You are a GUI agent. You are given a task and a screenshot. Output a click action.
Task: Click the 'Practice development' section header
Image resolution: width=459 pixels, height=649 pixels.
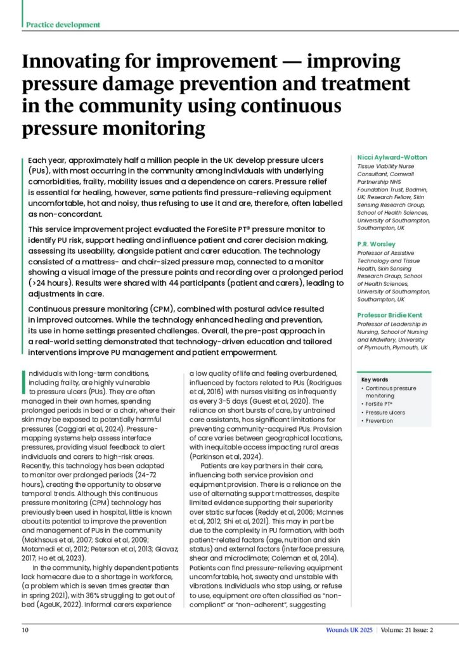tap(63, 25)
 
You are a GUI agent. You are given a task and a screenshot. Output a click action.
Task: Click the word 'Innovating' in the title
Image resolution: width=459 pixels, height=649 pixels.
tap(70, 65)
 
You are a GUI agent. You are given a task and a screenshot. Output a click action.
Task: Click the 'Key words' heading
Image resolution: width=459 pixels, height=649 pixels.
tap(374, 380)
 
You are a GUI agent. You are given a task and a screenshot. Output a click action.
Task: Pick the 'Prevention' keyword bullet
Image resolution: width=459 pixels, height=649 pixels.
tap(381, 420)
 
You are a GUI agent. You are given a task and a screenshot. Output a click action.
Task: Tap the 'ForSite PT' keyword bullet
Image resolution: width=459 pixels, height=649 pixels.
tap(382, 404)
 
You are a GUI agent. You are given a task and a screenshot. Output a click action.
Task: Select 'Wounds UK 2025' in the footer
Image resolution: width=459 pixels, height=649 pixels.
tap(347, 629)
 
